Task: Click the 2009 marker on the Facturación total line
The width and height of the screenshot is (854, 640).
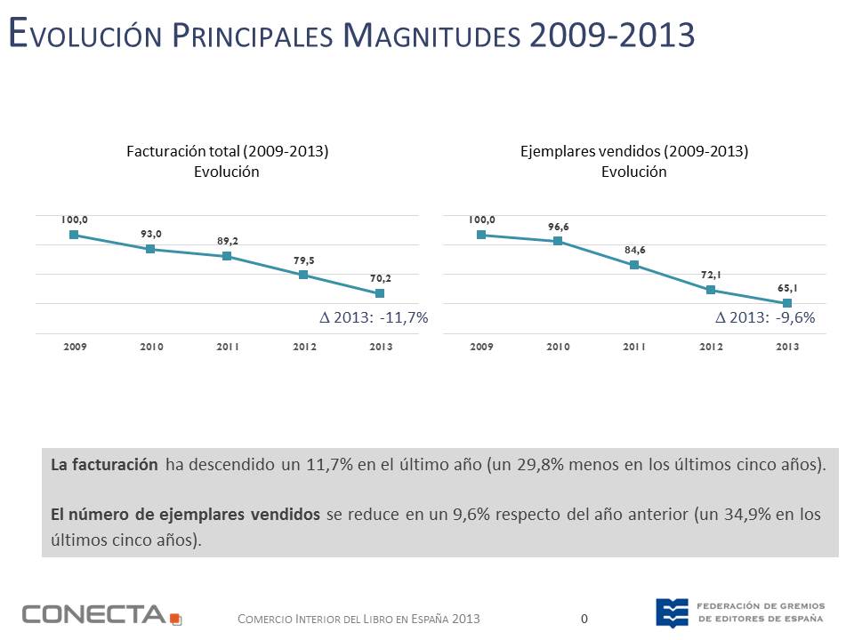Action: [75, 235]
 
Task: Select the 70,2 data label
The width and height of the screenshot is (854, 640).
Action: [380, 278]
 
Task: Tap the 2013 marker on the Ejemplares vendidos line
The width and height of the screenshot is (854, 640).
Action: [787, 303]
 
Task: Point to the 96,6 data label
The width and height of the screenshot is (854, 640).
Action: [558, 227]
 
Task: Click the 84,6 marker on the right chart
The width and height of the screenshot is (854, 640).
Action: [634, 265]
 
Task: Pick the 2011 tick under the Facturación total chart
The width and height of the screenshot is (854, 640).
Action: [228, 347]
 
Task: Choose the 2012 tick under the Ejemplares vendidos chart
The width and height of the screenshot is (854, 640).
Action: [711, 347]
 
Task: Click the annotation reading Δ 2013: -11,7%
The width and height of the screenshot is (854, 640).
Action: [374, 316]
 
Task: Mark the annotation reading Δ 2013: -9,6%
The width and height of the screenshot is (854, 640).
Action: [766, 316]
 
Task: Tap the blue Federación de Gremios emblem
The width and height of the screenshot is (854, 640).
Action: [672, 612]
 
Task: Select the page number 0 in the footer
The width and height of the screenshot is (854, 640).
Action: [584, 618]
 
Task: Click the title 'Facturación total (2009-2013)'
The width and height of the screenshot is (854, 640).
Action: [227, 151]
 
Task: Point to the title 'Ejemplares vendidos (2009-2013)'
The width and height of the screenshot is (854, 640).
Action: [634, 151]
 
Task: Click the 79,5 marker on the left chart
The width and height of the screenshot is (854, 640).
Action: [303, 275]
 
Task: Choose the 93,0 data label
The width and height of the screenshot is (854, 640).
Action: [151, 234]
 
